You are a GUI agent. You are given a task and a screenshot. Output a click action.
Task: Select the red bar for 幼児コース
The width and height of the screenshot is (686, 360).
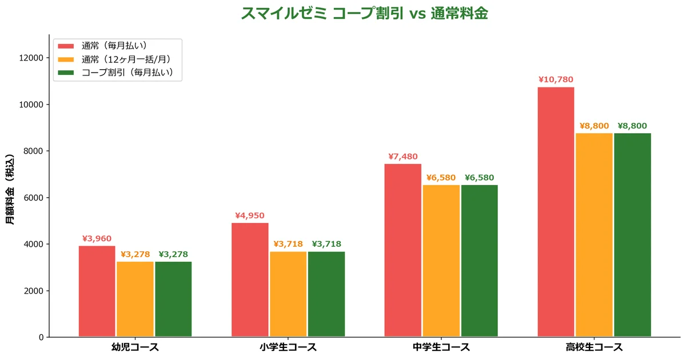97,291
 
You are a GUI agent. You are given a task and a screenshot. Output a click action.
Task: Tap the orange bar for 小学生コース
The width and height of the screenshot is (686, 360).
288,294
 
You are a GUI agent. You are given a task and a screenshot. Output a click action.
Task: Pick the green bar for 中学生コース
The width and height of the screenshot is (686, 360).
480,261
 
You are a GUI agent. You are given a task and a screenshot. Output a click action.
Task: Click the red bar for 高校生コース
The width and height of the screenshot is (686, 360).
556,212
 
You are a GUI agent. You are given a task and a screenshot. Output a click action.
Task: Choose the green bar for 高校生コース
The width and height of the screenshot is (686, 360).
632,235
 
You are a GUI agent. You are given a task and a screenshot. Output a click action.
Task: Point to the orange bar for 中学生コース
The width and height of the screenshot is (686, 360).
441,261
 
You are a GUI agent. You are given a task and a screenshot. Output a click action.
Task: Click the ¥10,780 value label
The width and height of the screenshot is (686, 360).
556,80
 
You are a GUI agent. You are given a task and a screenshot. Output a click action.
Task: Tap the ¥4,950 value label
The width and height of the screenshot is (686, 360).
250,216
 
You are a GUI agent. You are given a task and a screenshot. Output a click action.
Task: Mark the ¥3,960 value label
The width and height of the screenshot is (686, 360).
97,239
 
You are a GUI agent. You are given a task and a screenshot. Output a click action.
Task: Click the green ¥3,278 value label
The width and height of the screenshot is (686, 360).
173,254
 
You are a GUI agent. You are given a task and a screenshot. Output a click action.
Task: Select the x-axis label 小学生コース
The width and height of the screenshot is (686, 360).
288,347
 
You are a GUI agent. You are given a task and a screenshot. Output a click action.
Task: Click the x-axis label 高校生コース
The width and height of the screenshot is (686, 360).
594,347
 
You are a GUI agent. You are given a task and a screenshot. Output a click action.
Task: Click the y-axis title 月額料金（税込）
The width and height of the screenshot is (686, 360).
10,189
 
